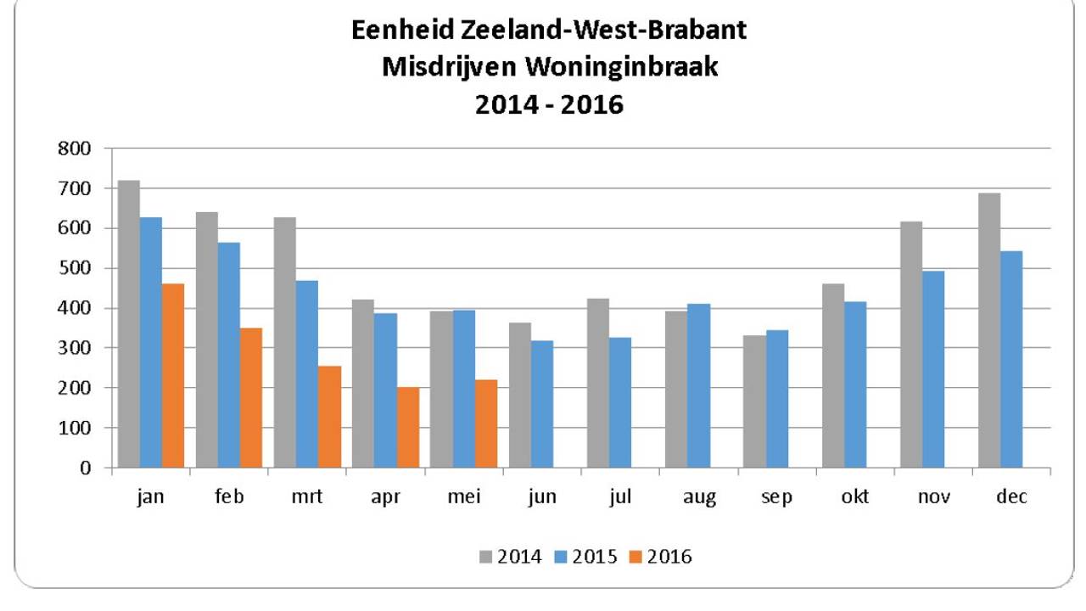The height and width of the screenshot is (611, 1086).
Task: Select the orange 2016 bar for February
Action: pos(251,398)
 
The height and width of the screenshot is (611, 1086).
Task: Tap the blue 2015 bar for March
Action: pos(307,374)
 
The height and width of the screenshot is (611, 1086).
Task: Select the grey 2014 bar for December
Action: pos(989,331)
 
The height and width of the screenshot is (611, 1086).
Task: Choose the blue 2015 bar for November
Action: pos(933,369)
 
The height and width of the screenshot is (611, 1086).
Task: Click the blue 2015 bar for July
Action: pos(620,403)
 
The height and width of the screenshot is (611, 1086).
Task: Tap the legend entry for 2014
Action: pos(510,557)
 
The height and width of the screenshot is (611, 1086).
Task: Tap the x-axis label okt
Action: pos(855,497)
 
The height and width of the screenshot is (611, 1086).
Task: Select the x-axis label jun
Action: pos(542,497)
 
